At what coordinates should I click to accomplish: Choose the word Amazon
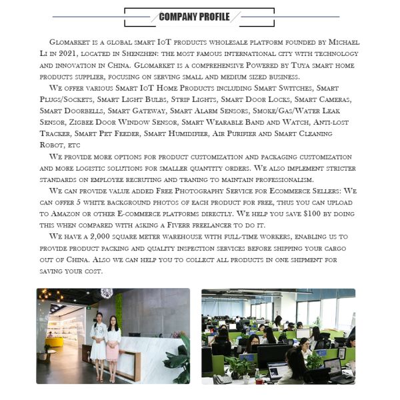[x=66, y=214]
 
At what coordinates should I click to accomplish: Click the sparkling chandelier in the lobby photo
[x=107, y=293]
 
